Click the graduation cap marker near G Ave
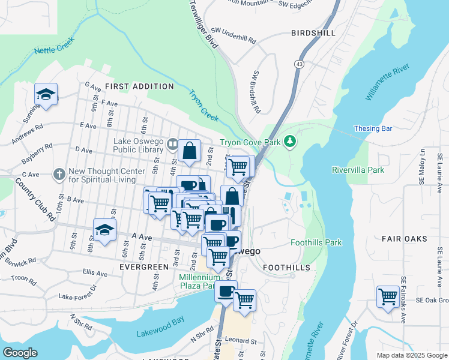46,95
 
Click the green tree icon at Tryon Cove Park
291,142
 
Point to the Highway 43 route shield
298,64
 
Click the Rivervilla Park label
358,170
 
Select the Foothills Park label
316,242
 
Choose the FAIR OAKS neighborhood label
405,238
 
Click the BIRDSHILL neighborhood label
313,33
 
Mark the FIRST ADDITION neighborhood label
139,86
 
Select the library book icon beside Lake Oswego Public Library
172,143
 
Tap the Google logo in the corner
20,353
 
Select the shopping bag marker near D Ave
189,152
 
